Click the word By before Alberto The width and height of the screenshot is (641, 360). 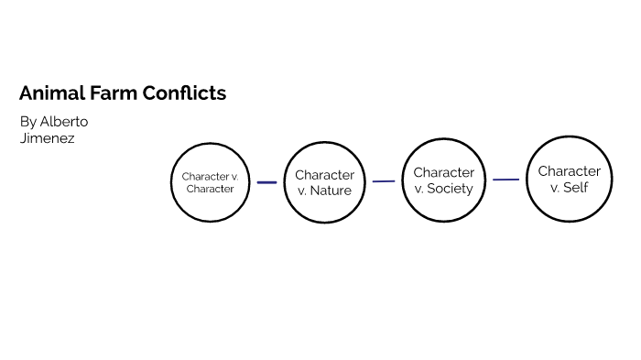coord(27,121)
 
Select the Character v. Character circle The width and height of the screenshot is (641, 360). coord(211,182)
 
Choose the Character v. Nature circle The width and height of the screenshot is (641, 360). coord(324,182)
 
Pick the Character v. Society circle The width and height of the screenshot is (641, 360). coord(443,180)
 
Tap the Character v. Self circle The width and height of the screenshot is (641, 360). coord(569,179)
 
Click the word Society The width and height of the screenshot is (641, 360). coord(450,189)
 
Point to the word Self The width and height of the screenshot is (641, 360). coord(576,187)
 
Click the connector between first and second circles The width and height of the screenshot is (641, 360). coord(266,182)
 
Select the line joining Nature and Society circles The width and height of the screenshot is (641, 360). coord(384,181)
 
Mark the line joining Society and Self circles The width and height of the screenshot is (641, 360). coord(505,180)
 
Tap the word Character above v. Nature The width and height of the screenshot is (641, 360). coord(324,175)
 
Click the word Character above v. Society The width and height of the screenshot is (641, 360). coord(443,172)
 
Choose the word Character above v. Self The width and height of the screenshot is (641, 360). coord(569,171)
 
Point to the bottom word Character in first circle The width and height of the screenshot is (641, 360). coord(211,189)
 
